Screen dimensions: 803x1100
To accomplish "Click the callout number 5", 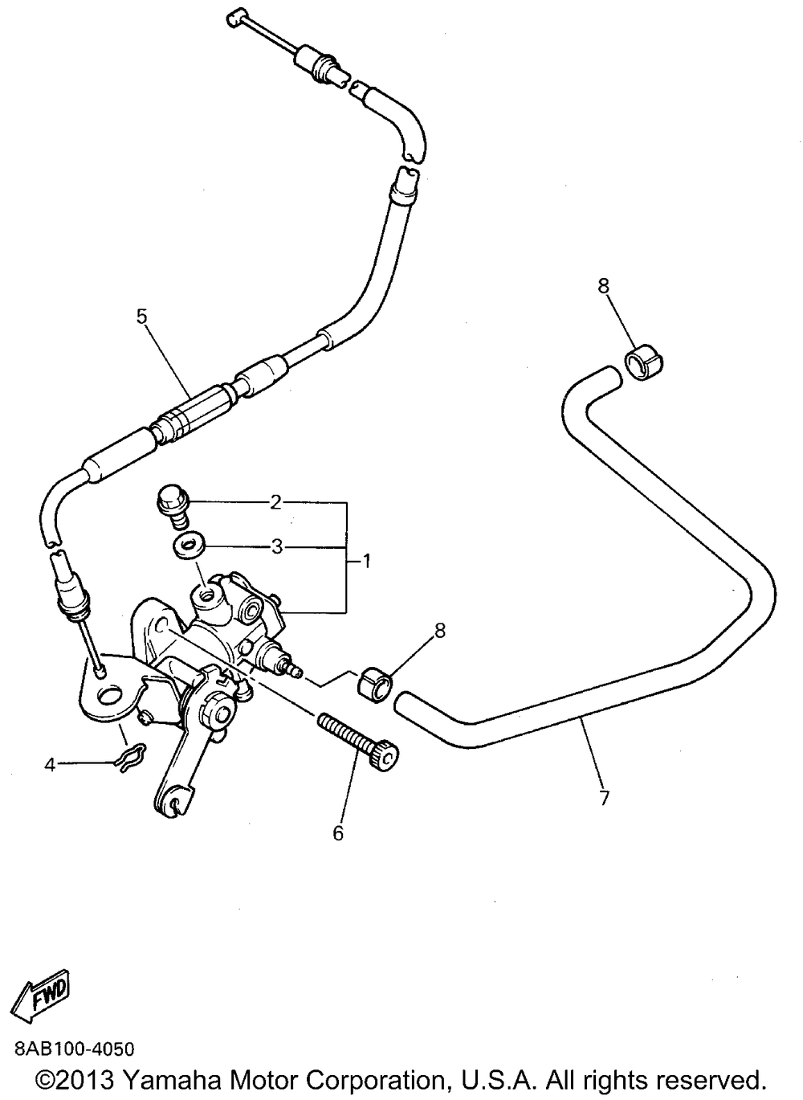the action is [142, 316].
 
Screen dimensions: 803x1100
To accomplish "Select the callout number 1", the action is [366, 561].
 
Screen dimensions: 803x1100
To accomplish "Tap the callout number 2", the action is [276, 503].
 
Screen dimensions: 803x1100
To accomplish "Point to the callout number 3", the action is [277, 547].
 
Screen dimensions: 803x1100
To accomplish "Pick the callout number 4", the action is [50, 766].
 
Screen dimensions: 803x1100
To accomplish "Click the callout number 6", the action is [338, 833].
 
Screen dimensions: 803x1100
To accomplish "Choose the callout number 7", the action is [605, 798].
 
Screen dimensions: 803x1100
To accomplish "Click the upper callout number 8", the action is [604, 285].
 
